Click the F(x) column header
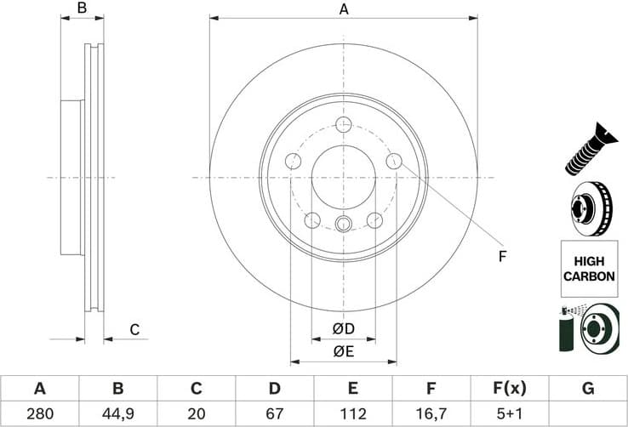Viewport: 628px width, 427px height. pyautogui.click(x=509, y=389)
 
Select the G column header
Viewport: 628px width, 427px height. pyautogui.click(x=587, y=389)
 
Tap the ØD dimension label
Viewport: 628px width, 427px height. pyautogui.click(x=343, y=328)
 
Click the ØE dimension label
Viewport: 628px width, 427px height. pyautogui.click(x=343, y=351)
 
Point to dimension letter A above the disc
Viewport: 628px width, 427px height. pyautogui.click(x=344, y=9)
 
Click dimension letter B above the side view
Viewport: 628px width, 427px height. pyautogui.click(x=83, y=9)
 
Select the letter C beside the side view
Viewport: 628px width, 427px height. pyautogui.click(x=134, y=330)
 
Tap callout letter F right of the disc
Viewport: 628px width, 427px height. pyautogui.click(x=502, y=256)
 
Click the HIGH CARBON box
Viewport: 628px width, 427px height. pyautogui.click(x=588, y=269)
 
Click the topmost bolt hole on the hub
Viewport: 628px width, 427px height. pyautogui.click(x=344, y=126)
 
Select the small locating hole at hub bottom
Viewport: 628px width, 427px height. pyautogui.click(x=344, y=225)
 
